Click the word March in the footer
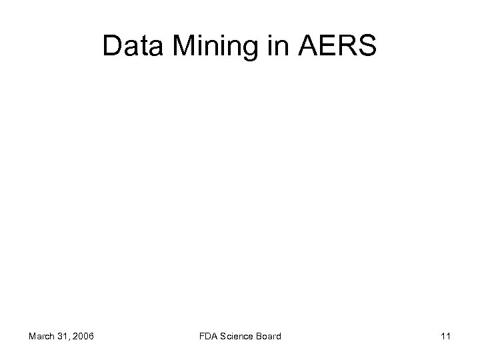coord(41,337)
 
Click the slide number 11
coord(446,337)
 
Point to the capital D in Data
coord(113,47)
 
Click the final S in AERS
coord(367,47)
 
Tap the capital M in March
coord(32,337)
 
